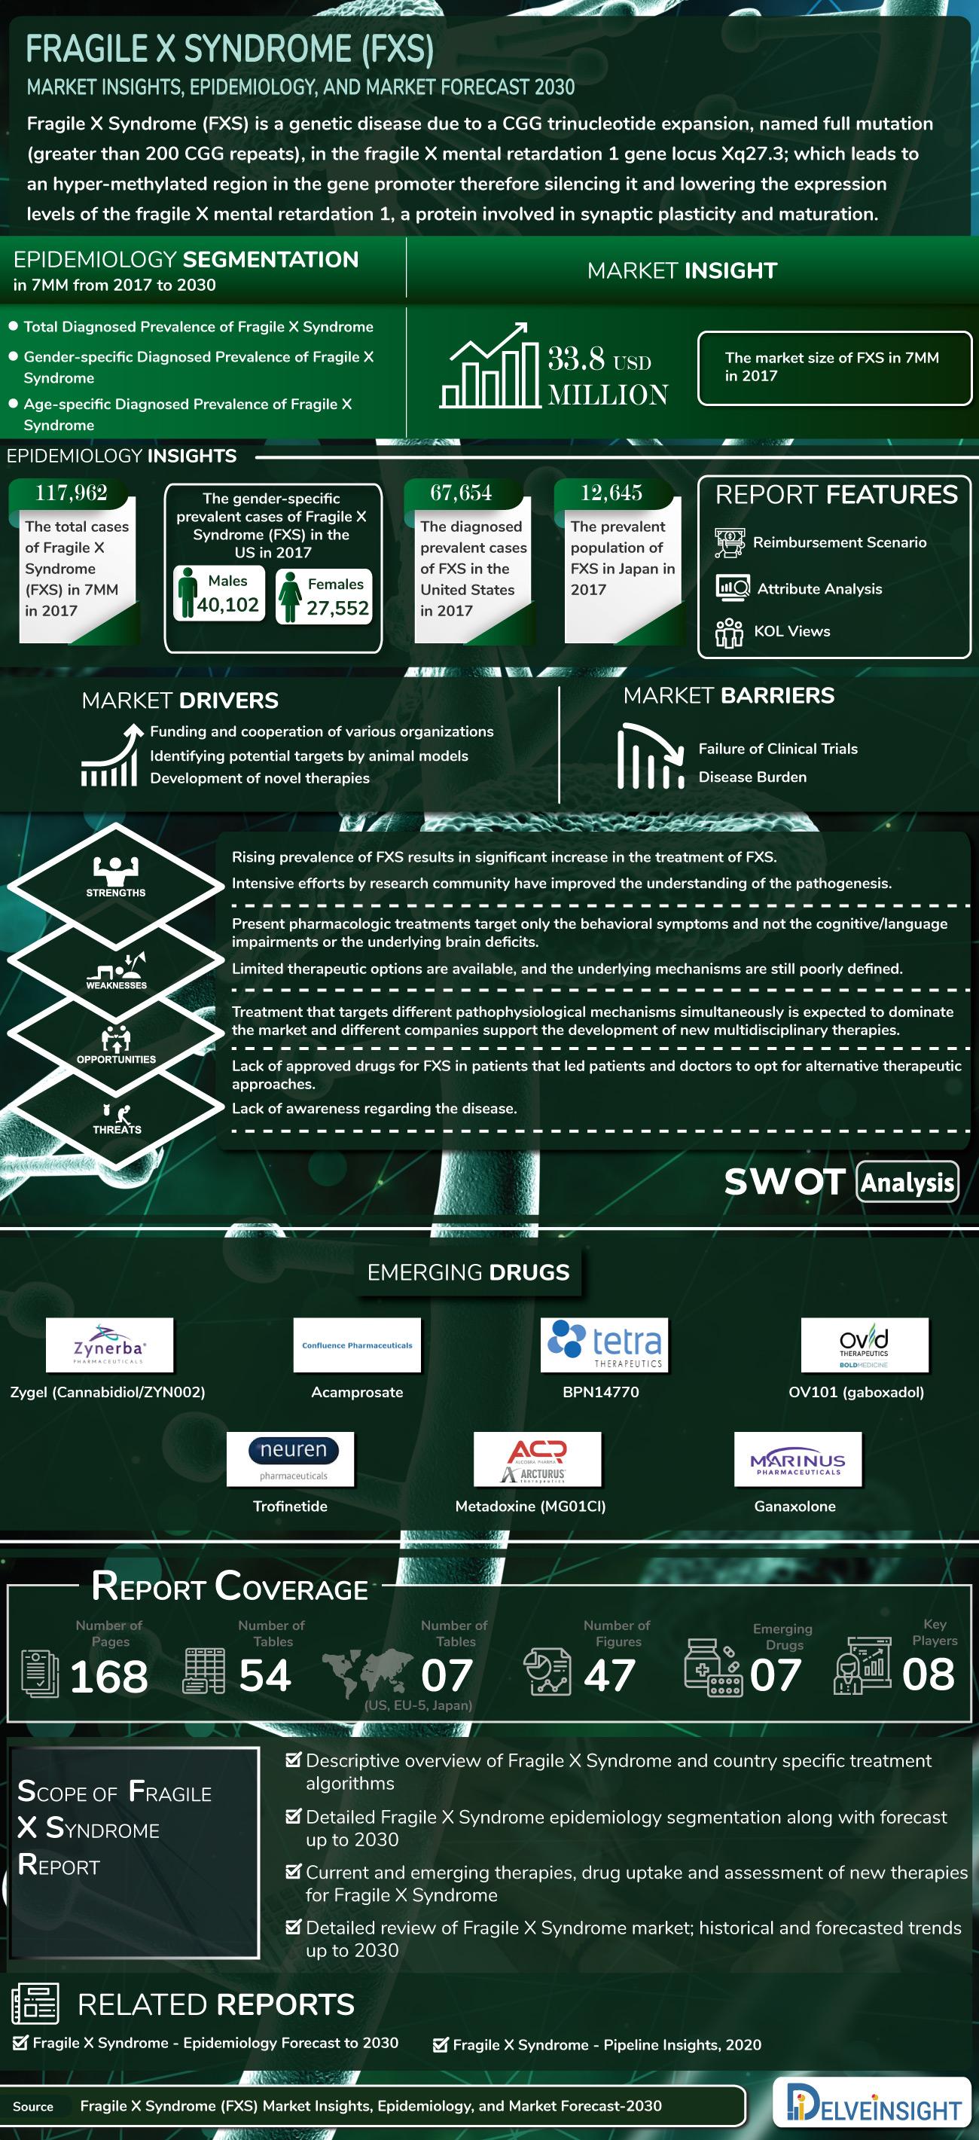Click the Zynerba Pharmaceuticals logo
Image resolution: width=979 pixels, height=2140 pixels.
108,1343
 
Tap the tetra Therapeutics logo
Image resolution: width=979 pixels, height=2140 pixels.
603,1343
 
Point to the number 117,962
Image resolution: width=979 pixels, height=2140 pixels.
72,493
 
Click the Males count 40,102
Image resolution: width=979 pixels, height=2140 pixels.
227,605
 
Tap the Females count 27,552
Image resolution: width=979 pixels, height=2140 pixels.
337,608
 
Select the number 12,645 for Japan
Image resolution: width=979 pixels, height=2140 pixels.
611,493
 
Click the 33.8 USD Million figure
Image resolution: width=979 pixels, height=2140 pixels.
608,377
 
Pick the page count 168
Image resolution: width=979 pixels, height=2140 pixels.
108,1675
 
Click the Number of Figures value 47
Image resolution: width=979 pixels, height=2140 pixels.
609,1674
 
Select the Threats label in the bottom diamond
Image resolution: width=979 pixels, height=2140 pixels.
117,1130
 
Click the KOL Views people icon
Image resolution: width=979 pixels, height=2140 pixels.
729,631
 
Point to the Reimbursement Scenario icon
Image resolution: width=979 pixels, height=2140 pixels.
729,542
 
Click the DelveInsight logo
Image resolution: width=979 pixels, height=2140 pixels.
871,2102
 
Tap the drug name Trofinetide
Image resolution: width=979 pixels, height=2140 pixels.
290,1507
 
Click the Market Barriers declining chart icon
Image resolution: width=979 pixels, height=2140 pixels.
649,757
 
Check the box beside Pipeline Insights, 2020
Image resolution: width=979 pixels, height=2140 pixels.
440,2044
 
